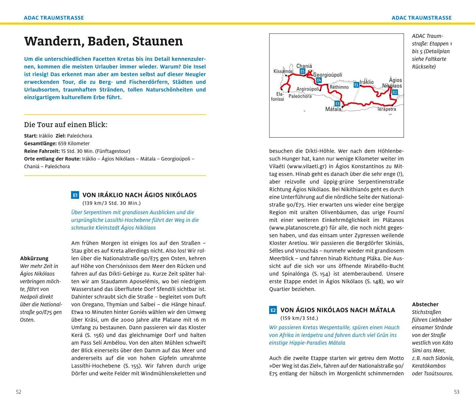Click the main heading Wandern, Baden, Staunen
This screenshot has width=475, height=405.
[x=103, y=41]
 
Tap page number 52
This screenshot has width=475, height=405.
[x=19, y=392]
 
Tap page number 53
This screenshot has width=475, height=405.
[x=457, y=392]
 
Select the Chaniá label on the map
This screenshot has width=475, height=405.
[x=304, y=66]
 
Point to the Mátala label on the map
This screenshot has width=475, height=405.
[x=333, y=109]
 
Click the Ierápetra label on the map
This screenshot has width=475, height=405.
[x=387, y=109]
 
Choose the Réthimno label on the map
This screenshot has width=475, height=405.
[x=339, y=87]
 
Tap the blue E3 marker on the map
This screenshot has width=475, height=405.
[x=337, y=104]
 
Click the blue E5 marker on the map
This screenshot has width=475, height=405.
[x=302, y=71]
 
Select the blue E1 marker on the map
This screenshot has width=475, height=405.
[x=356, y=85]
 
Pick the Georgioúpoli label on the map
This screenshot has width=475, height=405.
[x=328, y=75]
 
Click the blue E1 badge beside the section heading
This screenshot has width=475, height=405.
[x=75, y=195]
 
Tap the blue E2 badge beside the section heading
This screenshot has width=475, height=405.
[x=273, y=310]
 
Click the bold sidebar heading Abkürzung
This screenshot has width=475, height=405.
[x=34, y=258]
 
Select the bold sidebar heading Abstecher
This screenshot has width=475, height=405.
[x=425, y=304]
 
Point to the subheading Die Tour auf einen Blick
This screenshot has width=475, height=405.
[x=66, y=125]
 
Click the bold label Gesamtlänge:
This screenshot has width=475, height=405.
[x=40, y=143]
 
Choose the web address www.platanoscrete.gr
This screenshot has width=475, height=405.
[x=298, y=228]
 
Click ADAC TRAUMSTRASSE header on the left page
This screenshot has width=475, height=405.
[x=54, y=18]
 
